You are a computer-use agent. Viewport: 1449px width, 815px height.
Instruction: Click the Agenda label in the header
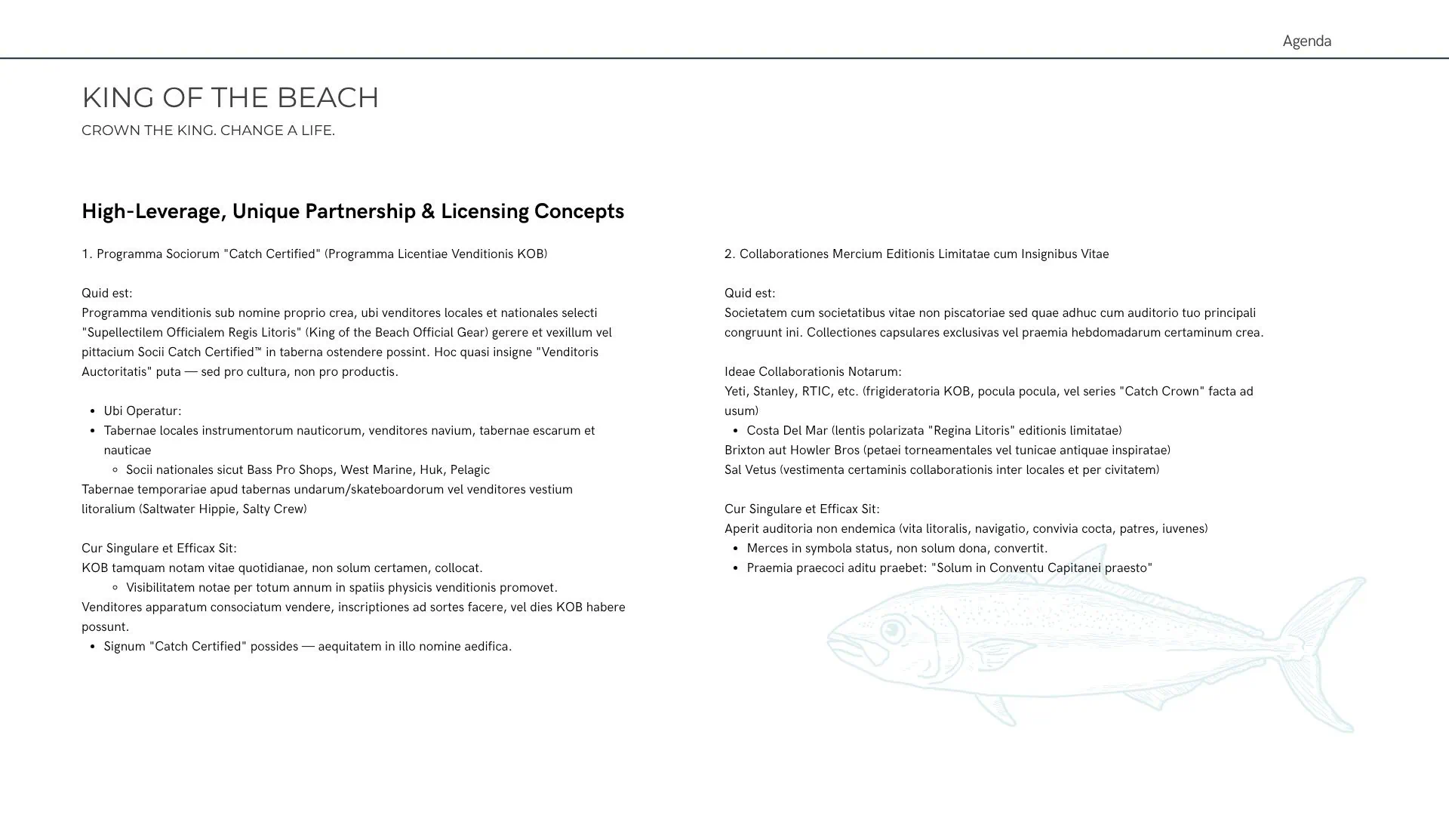1306,42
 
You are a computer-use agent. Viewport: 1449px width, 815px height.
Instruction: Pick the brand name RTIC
817,392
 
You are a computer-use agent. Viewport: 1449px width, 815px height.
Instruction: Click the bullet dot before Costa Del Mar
735,431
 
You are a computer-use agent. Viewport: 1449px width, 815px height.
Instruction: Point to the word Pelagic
470,470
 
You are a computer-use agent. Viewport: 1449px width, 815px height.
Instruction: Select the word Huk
431,470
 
